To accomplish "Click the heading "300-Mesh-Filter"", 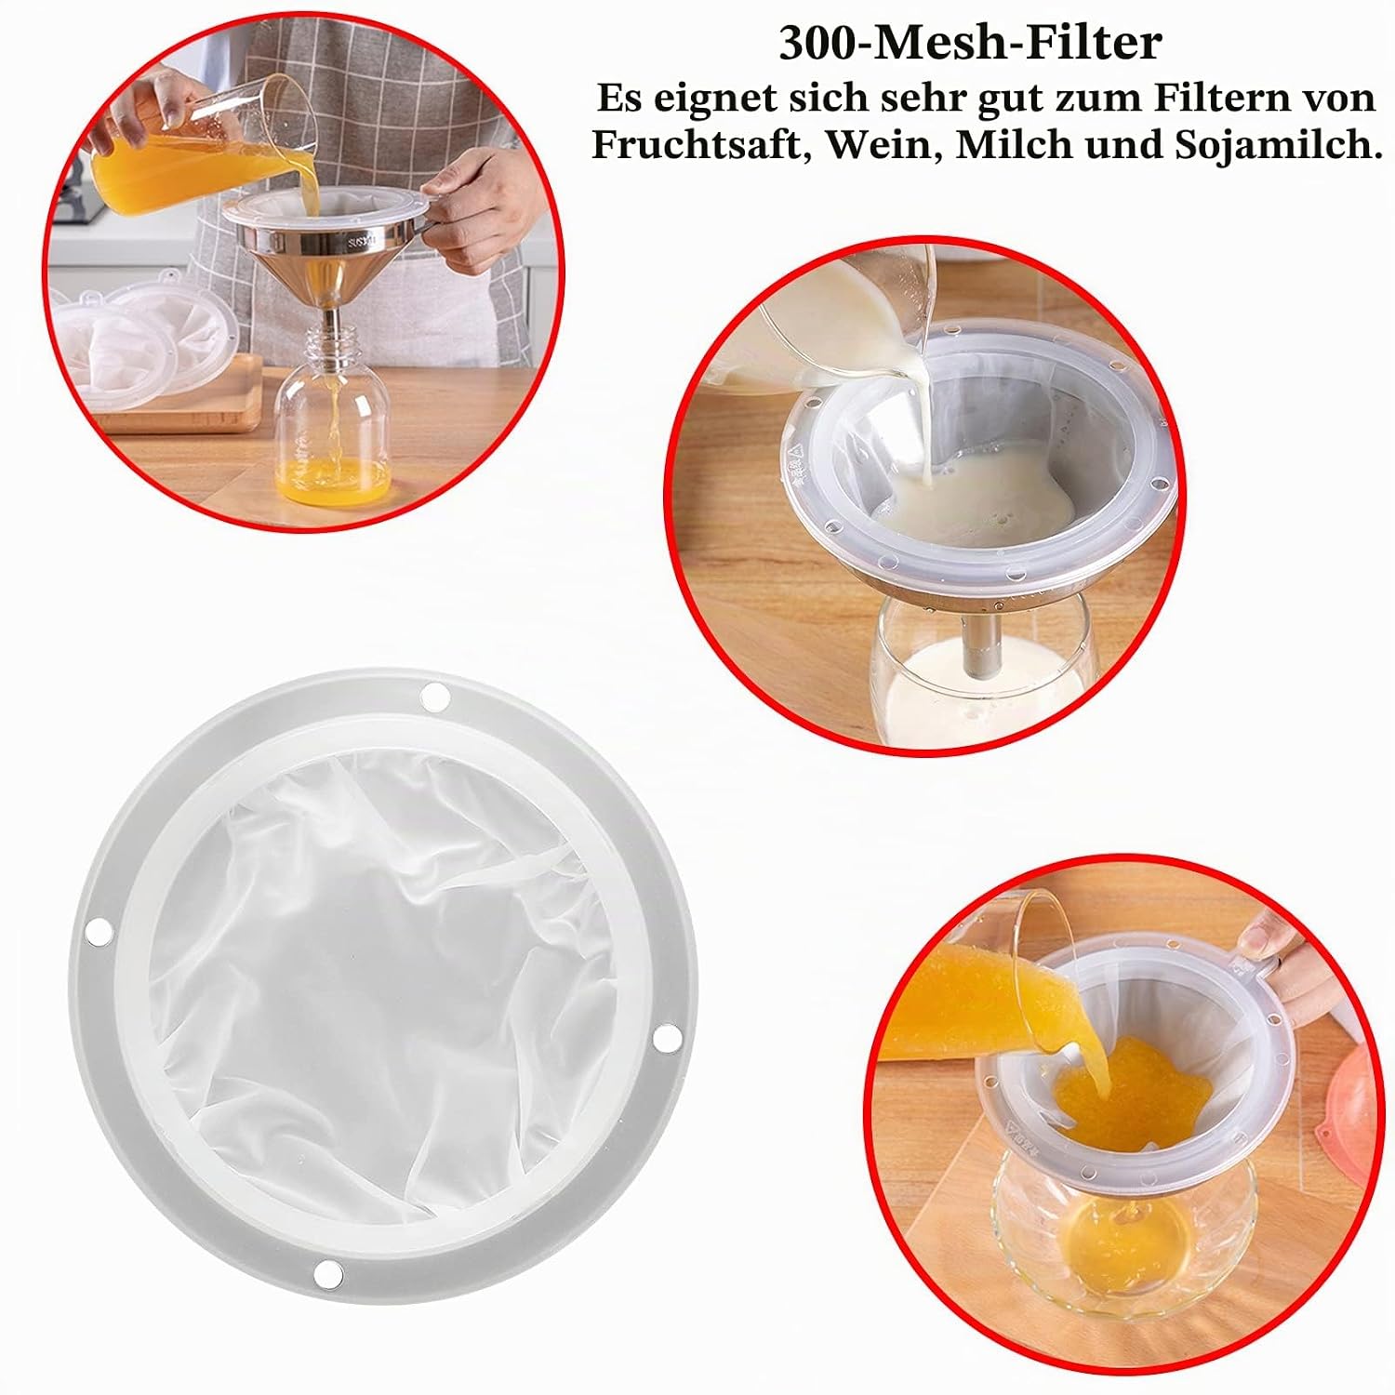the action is click(x=970, y=43).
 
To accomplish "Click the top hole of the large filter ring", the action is click(x=434, y=696).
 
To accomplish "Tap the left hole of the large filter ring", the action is click(x=98, y=928).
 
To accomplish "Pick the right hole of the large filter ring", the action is click(x=664, y=1037).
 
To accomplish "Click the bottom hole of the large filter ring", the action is click(x=327, y=1273).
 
